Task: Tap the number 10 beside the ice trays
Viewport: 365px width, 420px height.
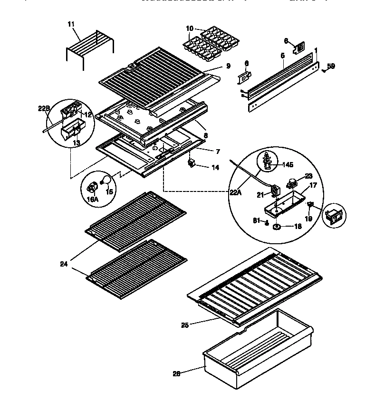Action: click(x=190, y=29)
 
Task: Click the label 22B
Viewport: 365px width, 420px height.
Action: click(x=43, y=109)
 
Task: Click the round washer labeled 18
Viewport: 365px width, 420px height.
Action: click(x=276, y=227)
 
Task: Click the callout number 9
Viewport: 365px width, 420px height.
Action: click(x=228, y=66)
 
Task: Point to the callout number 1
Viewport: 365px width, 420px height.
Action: click(x=316, y=50)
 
